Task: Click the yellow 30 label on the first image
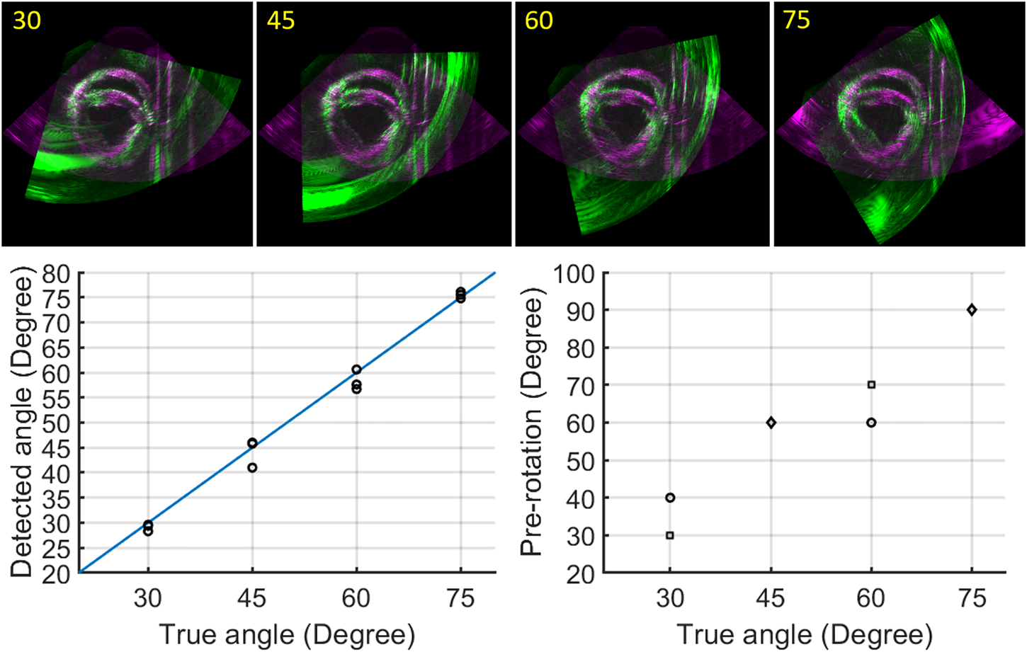(27, 21)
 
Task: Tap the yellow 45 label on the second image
(280, 21)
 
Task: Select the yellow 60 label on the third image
(538, 21)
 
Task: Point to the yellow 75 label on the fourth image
(796, 21)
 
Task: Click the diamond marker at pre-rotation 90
(972, 310)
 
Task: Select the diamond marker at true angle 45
(771, 423)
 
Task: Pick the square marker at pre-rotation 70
(871, 385)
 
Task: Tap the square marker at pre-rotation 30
(670, 535)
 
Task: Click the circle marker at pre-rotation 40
(670, 498)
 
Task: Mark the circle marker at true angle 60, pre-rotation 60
(871, 423)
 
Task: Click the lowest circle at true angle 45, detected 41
(252, 468)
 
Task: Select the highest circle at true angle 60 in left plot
(356, 370)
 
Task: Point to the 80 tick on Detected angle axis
(57, 274)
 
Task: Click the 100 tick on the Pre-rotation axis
(574, 274)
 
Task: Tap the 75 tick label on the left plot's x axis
(460, 599)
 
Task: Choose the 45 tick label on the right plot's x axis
(771, 599)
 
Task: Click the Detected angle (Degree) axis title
(23, 422)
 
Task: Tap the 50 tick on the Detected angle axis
(57, 424)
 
